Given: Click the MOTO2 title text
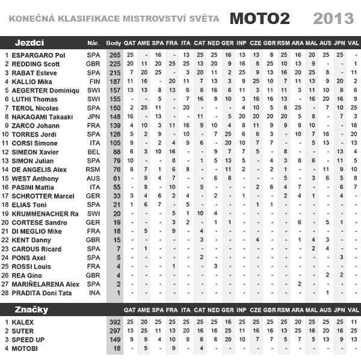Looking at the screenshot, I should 259,18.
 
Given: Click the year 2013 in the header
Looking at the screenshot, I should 333,18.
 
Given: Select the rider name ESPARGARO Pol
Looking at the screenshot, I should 39,55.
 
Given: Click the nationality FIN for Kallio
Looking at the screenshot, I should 93,81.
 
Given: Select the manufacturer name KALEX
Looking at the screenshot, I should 22,322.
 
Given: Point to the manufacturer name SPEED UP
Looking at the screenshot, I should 28,340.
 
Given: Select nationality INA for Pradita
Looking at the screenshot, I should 93,293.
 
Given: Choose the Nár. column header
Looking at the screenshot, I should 93,43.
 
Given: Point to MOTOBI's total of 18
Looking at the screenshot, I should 115,349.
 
